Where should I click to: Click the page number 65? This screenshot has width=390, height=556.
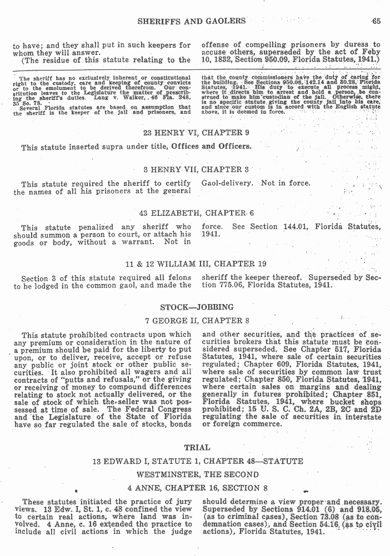[x=376, y=21]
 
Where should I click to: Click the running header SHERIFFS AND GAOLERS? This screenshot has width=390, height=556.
[x=192, y=21]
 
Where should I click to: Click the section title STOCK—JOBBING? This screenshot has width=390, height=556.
[x=197, y=307]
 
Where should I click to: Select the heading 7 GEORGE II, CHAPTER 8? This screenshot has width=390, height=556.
[x=197, y=320]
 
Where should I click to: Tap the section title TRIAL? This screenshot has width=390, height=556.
[x=197, y=447]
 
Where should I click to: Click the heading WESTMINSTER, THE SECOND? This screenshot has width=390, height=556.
[x=197, y=474]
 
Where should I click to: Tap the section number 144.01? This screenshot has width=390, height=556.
[x=296, y=226]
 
